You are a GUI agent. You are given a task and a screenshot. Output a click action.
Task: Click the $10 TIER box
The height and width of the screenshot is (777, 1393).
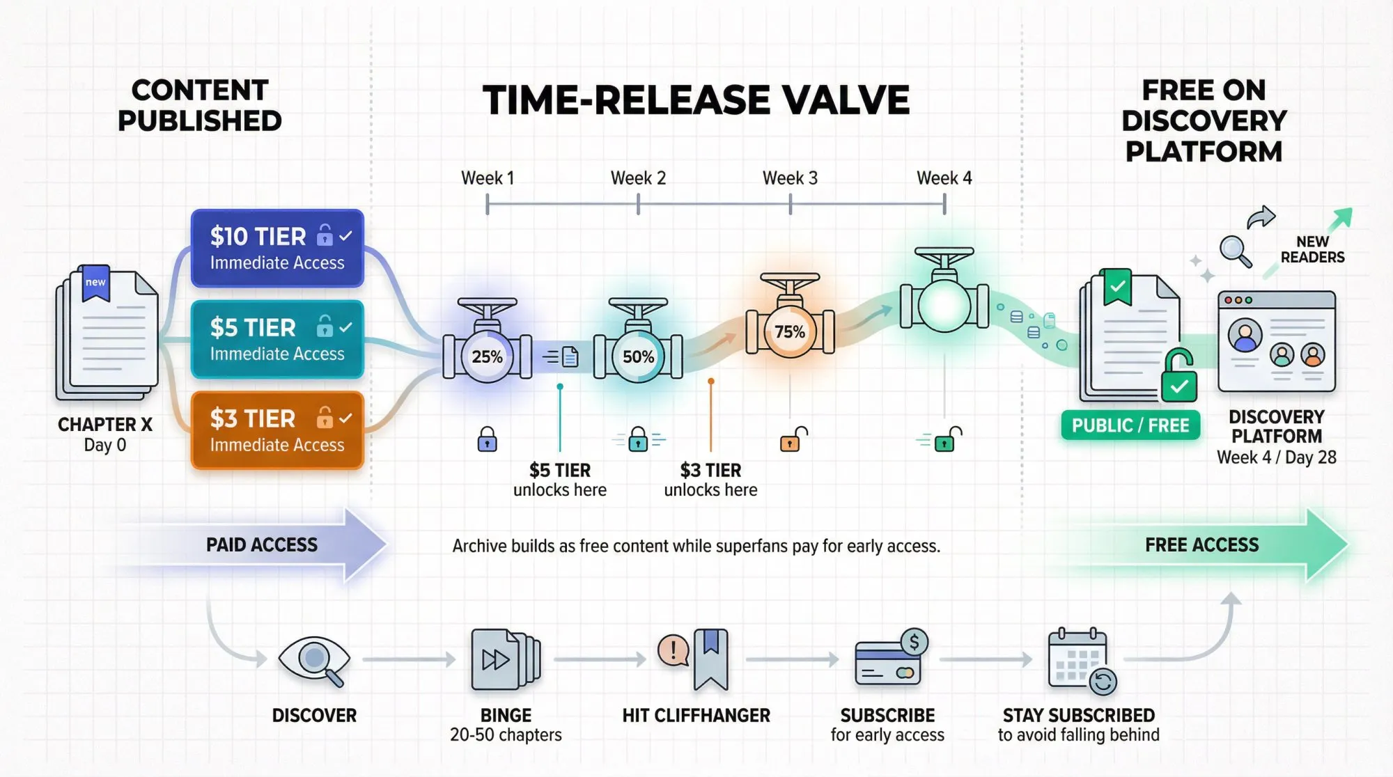coord(277,248)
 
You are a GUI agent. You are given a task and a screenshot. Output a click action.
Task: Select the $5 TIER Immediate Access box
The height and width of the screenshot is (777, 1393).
coord(277,339)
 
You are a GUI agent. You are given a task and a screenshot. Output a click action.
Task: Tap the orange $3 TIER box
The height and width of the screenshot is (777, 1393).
coord(277,430)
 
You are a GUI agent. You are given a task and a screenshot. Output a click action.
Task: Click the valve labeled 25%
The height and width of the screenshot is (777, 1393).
coord(487,356)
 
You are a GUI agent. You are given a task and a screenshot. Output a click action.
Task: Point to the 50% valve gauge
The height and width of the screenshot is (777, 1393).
coord(638,356)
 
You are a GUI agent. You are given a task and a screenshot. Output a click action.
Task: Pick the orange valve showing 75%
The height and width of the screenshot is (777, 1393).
coord(790,331)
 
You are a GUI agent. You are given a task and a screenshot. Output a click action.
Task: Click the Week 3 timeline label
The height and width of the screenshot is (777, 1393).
coord(790,178)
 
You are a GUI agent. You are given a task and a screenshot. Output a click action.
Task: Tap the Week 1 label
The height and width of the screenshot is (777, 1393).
coord(488,178)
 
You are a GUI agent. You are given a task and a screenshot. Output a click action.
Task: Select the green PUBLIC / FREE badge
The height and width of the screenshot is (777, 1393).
coord(1130,425)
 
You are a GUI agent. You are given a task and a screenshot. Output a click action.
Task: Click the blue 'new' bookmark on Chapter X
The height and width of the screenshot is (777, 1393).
coord(95,282)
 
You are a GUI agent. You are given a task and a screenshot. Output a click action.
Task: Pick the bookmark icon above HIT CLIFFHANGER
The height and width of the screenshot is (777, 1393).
coord(710,659)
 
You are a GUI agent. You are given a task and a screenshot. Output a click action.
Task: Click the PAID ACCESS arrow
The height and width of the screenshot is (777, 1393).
coord(262,544)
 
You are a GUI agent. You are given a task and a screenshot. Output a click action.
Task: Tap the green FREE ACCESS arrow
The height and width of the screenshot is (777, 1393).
coord(1201,544)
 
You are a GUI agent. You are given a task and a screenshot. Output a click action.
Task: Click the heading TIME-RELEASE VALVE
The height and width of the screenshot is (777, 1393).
coord(696,100)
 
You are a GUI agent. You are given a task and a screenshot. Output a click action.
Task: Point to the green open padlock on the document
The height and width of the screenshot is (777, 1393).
coord(1178,377)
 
